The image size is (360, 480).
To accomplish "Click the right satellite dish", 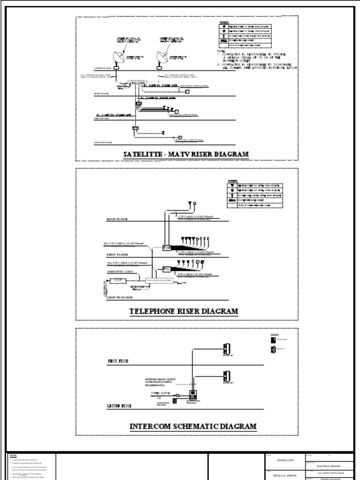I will click(163, 57).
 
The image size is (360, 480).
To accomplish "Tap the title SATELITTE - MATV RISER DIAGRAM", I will click(186, 154).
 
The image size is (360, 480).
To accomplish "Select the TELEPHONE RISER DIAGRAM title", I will click(184, 311).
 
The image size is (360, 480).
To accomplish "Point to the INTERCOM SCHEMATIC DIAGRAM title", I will click(193, 426).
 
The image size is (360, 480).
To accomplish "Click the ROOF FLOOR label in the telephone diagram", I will click(118, 219).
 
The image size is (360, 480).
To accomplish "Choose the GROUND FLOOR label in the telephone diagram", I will click(120, 297).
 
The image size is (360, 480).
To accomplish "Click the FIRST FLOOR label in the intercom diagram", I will click(118, 361).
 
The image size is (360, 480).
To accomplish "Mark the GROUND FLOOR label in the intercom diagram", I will click(119, 405).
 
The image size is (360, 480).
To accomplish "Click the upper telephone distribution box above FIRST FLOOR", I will click(166, 247).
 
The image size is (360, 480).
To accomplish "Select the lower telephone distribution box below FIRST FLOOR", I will click(166, 269).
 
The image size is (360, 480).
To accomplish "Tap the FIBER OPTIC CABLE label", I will click(120, 271).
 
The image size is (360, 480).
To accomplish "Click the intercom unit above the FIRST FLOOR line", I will click(226, 349).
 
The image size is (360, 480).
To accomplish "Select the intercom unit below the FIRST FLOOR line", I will click(226, 375).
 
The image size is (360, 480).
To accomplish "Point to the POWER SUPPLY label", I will click(161, 393).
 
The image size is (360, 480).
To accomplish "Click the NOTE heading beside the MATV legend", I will click(221, 51).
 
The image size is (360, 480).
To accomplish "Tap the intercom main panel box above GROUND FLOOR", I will click(192, 394).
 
